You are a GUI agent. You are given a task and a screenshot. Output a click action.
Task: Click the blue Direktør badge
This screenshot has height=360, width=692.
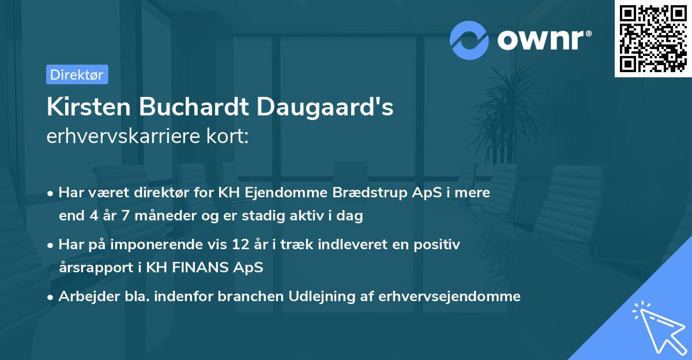(x=77, y=74)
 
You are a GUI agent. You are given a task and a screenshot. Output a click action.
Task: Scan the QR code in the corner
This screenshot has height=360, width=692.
(x=653, y=38)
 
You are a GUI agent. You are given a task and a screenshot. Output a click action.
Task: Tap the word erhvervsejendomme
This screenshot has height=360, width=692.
(x=449, y=296)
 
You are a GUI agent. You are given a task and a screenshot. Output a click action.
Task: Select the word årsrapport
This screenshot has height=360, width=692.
(x=91, y=267)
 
